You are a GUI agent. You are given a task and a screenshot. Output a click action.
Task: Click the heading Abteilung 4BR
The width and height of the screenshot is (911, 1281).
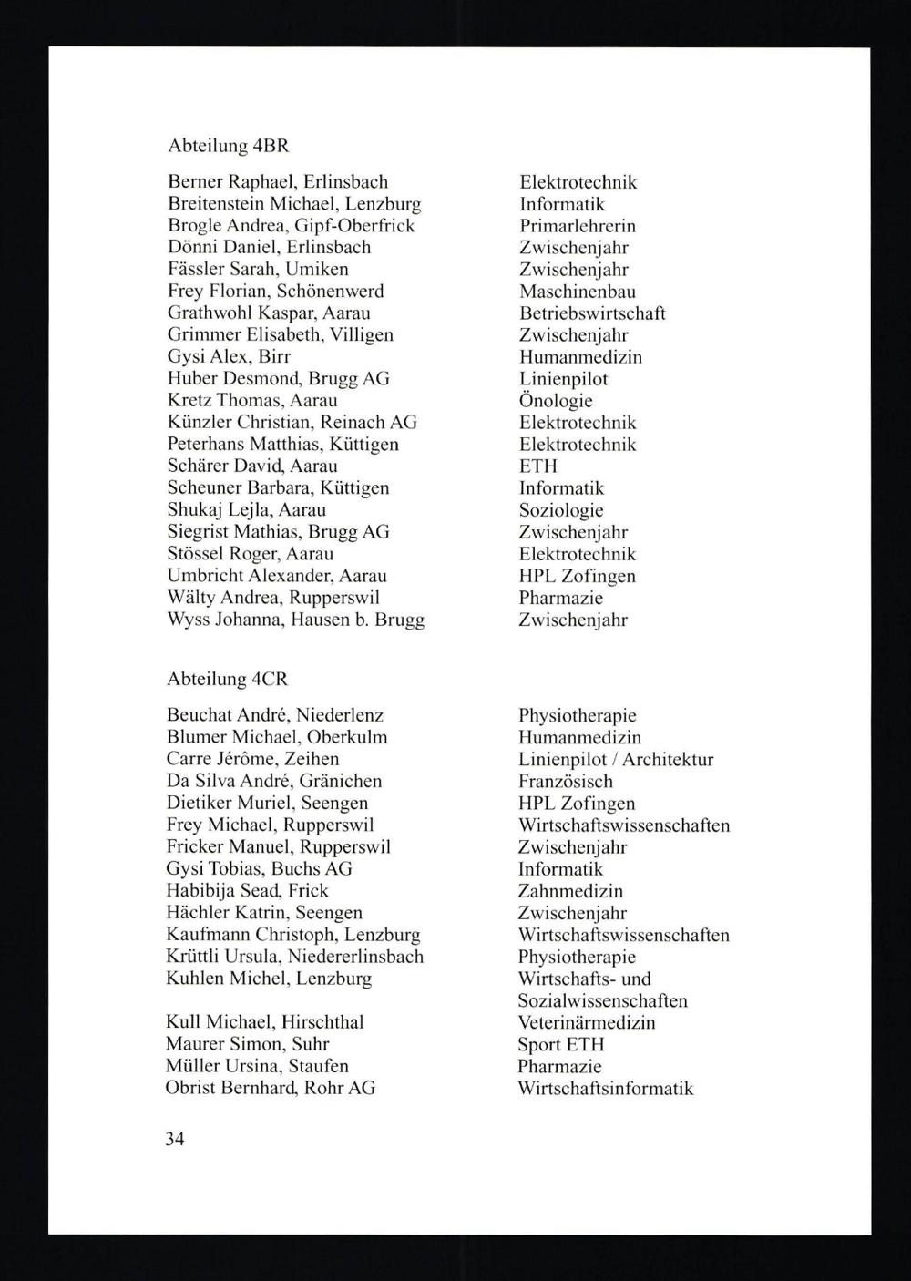pyautogui.click(x=229, y=146)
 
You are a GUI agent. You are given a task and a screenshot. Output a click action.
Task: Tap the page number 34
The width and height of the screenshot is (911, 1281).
pyautogui.click(x=175, y=1138)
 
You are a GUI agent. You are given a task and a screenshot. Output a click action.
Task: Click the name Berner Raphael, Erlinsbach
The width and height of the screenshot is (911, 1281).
pyautogui.click(x=278, y=182)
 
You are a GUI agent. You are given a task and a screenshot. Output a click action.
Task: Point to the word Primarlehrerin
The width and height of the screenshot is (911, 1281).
pyautogui.click(x=578, y=226)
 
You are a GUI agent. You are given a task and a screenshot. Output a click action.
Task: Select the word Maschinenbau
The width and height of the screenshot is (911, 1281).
pyautogui.click(x=578, y=292)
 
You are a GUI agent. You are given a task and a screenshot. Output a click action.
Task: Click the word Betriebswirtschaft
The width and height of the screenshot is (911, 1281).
pyautogui.click(x=592, y=313)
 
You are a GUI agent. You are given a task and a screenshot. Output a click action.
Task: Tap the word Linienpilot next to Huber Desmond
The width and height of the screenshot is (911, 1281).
pyautogui.click(x=563, y=379)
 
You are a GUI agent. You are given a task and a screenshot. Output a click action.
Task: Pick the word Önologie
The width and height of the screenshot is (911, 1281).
pyautogui.click(x=556, y=401)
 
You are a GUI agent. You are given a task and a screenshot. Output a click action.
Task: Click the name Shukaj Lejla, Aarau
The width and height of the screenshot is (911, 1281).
pyautogui.click(x=247, y=510)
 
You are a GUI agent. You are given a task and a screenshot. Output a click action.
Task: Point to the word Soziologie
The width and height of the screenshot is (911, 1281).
pyautogui.click(x=561, y=510)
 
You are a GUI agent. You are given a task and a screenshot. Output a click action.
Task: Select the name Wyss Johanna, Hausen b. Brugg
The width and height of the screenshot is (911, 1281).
pyautogui.click(x=296, y=620)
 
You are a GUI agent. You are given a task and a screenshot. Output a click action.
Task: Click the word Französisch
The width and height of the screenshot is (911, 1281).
pyautogui.click(x=565, y=782)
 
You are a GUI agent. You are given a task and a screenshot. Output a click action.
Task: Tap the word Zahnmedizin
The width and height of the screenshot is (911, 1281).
pyautogui.click(x=570, y=891)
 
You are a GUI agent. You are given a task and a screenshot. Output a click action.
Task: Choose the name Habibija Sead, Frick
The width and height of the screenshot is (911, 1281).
pyautogui.click(x=247, y=891)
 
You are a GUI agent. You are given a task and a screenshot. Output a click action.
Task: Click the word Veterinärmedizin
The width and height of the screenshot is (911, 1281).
pyautogui.click(x=586, y=1022)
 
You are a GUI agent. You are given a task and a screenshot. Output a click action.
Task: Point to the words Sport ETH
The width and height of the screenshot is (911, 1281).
pyautogui.click(x=560, y=1044)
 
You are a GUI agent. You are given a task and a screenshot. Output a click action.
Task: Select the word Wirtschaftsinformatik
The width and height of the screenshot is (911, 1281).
pyautogui.click(x=605, y=1088)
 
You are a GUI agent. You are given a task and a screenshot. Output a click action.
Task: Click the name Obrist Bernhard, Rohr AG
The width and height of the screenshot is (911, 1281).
pyautogui.click(x=270, y=1088)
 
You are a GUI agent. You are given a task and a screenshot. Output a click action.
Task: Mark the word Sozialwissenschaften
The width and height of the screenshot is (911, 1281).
pyautogui.click(x=602, y=1000)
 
